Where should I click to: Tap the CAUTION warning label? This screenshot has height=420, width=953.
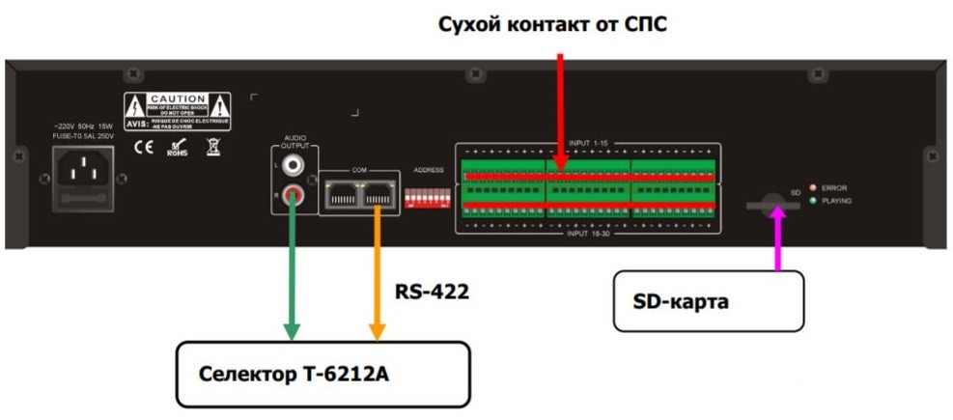[x=177, y=110]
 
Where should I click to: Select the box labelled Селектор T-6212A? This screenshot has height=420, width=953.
[x=322, y=373]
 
